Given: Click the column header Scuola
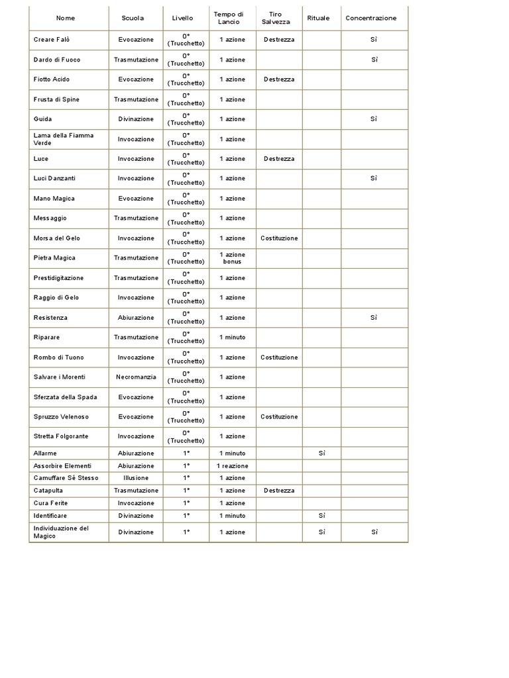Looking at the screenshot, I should click(x=133, y=18).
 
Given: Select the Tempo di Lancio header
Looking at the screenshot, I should click(x=228, y=18).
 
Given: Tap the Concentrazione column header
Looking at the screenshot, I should click(x=371, y=18).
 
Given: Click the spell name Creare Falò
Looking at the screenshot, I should click(x=52, y=40).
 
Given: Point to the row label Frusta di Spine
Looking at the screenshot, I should click(x=55, y=99).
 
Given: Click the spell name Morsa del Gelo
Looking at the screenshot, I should click(x=56, y=238).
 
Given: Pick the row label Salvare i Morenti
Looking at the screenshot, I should click(x=60, y=377).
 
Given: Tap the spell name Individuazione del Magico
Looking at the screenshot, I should click(x=61, y=532).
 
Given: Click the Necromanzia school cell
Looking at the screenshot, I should click(x=136, y=377).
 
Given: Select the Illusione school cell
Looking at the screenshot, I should click(x=136, y=478).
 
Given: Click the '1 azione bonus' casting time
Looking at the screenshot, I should click(x=232, y=258).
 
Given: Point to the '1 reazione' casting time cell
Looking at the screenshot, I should click(x=232, y=466).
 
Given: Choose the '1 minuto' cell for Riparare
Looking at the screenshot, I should click(x=232, y=338).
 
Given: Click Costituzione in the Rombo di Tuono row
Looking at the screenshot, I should click(x=279, y=358).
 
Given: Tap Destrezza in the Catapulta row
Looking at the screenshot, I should click(x=279, y=491).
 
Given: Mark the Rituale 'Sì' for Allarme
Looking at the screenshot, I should click(x=321, y=454).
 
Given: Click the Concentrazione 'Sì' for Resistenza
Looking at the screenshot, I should click(x=374, y=318).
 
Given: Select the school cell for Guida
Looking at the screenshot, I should click(x=136, y=119).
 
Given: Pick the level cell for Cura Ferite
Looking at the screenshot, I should click(x=186, y=503).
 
